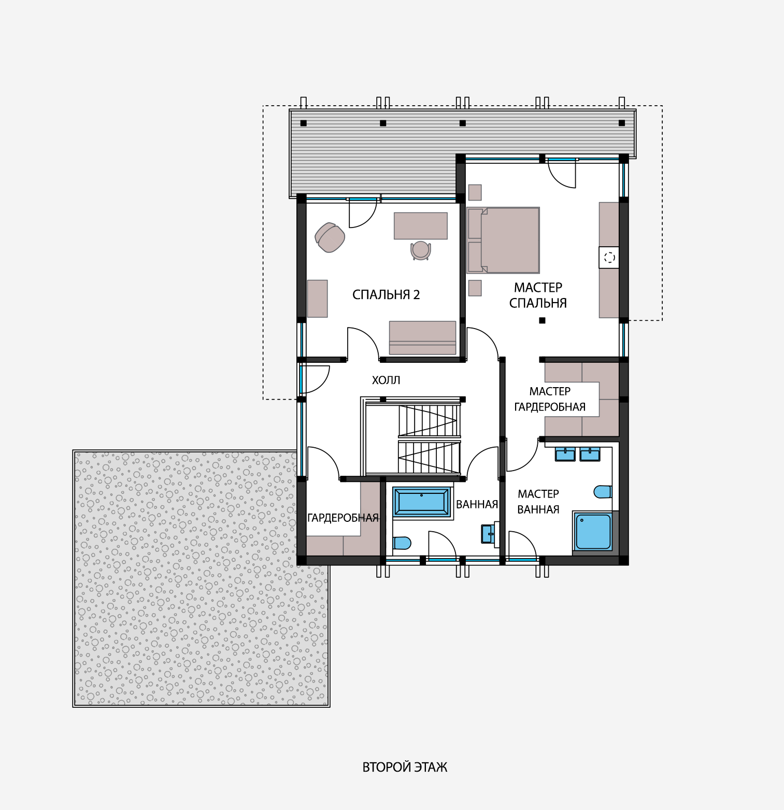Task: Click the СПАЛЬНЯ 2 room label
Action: [386, 295]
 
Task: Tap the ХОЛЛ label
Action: [386, 380]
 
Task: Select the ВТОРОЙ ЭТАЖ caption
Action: [405, 767]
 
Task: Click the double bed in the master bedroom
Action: [503, 240]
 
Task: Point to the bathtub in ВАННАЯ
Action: [422, 502]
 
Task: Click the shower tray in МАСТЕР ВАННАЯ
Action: [593, 531]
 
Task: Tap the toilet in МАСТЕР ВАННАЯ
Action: [603, 491]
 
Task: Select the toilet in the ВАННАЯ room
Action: [402, 543]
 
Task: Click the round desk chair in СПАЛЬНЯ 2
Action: [421, 250]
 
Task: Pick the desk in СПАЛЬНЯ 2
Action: [421, 226]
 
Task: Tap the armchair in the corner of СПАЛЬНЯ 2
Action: [330, 237]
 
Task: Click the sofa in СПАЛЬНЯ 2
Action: [423, 338]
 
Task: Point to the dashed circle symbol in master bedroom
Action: [609, 257]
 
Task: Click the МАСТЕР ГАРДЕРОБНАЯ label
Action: [550, 399]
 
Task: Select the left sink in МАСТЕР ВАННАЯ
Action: [565, 454]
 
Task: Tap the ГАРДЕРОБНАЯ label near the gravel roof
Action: [343, 518]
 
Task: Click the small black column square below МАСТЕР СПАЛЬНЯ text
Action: [542, 320]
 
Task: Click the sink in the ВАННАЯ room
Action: [488, 534]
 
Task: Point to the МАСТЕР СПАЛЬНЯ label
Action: [538, 295]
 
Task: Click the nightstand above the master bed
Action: [475, 192]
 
